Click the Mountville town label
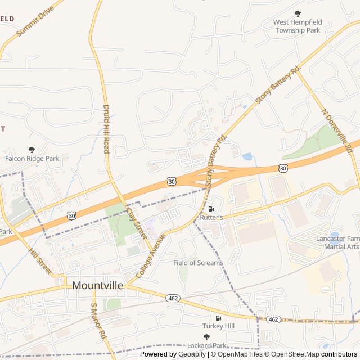(97, 285)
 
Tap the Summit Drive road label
(35, 22)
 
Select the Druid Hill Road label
(106, 129)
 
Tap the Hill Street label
(40, 259)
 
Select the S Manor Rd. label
(98, 321)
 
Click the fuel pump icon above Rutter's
(211, 208)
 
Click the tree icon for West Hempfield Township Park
(298, 13)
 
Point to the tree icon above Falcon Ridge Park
(31, 150)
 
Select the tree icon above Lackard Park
(206, 337)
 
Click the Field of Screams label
(198, 263)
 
